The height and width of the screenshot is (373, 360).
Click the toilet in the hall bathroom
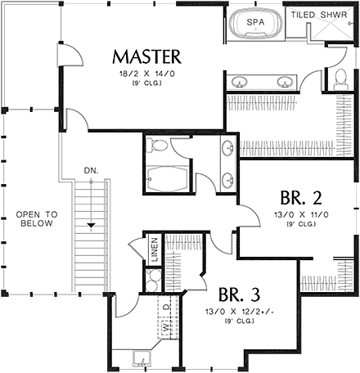click(159, 146)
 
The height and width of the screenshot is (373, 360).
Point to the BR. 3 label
click(241, 294)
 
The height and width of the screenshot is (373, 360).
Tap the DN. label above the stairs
click(91, 171)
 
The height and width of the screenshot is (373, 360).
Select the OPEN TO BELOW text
click(34, 218)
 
